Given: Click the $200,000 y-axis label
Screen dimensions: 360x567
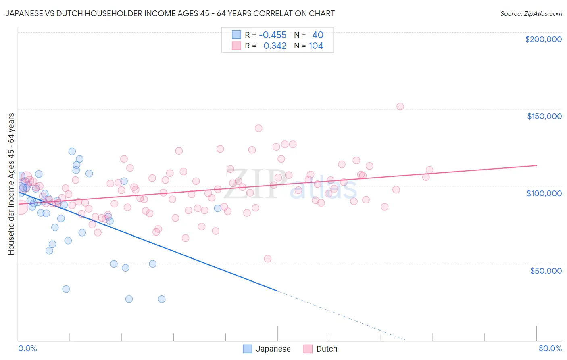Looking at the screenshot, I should tap(543, 39).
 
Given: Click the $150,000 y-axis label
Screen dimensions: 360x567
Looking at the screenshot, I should tap(544, 116).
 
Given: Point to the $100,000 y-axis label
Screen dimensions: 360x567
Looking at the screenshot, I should tap(544, 193).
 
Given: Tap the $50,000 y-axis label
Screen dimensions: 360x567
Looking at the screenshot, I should tap(546, 270).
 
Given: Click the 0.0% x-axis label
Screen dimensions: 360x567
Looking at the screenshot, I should tap(27, 348).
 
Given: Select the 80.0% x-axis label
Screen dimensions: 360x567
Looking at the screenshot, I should tap(550, 348).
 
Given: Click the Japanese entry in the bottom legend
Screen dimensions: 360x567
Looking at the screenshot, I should tap(273, 349).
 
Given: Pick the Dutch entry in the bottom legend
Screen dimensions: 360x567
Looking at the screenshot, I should tap(327, 349).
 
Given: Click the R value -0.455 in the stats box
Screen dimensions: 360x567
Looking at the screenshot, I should tap(272, 35).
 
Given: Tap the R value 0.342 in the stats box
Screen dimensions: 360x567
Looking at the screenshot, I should tap(275, 46).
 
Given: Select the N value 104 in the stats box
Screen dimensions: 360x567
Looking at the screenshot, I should tap(316, 46).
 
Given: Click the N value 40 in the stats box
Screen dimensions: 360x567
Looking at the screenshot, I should tap(317, 35).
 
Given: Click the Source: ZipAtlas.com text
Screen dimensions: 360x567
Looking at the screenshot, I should tap(531, 14).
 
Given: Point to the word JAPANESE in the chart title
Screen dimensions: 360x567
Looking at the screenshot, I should tap(25, 14).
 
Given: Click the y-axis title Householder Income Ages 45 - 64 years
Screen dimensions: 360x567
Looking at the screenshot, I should tap(11, 184).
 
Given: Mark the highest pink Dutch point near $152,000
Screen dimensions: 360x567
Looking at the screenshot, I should tap(400, 107).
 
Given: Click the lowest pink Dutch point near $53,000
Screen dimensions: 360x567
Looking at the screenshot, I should tap(267, 259).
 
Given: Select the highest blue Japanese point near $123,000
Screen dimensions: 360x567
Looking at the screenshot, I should tap(72, 151).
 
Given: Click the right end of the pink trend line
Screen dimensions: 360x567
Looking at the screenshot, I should tap(536, 165).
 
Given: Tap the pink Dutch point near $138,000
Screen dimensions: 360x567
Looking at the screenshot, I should tap(258, 128).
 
